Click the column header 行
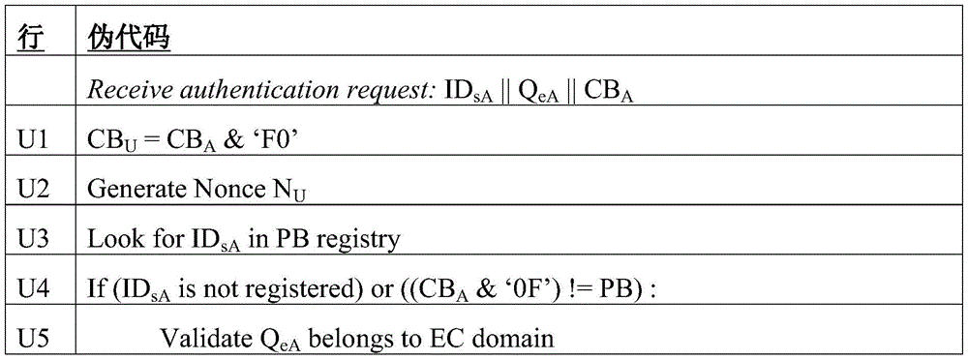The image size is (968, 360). (32, 42)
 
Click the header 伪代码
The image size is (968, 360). (131, 42)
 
